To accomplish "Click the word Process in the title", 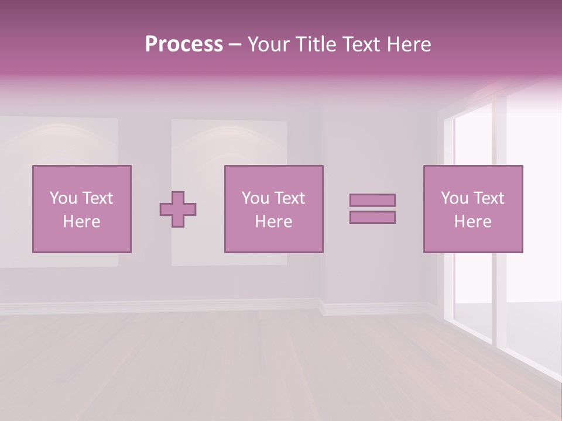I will [184, 44].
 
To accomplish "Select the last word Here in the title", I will [407, 44].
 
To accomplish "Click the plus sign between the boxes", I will [178, 209].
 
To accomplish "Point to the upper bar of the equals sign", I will [372, 200].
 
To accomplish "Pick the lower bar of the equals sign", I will [372, 218].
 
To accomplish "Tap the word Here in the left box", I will [81, 222].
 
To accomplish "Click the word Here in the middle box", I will [273, 222].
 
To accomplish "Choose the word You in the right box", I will [455, 198].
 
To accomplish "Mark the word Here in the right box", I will [472, 222].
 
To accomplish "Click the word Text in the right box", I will [490, 198].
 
